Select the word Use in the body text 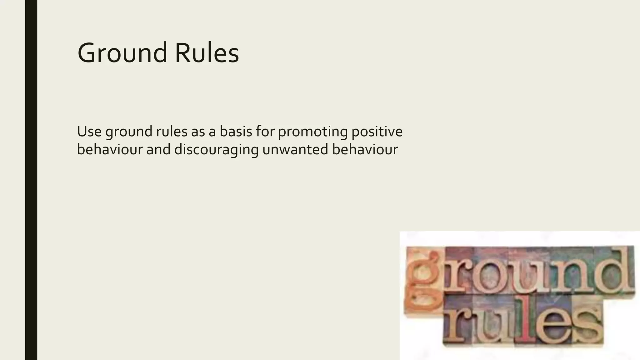click(89, 131)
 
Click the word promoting click(313, 132)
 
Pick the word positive click(377, 132)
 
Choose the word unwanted click(295, 149)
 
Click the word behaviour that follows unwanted click(365, 149)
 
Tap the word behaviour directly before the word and click(110, 149)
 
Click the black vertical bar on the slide click(31, 180)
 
